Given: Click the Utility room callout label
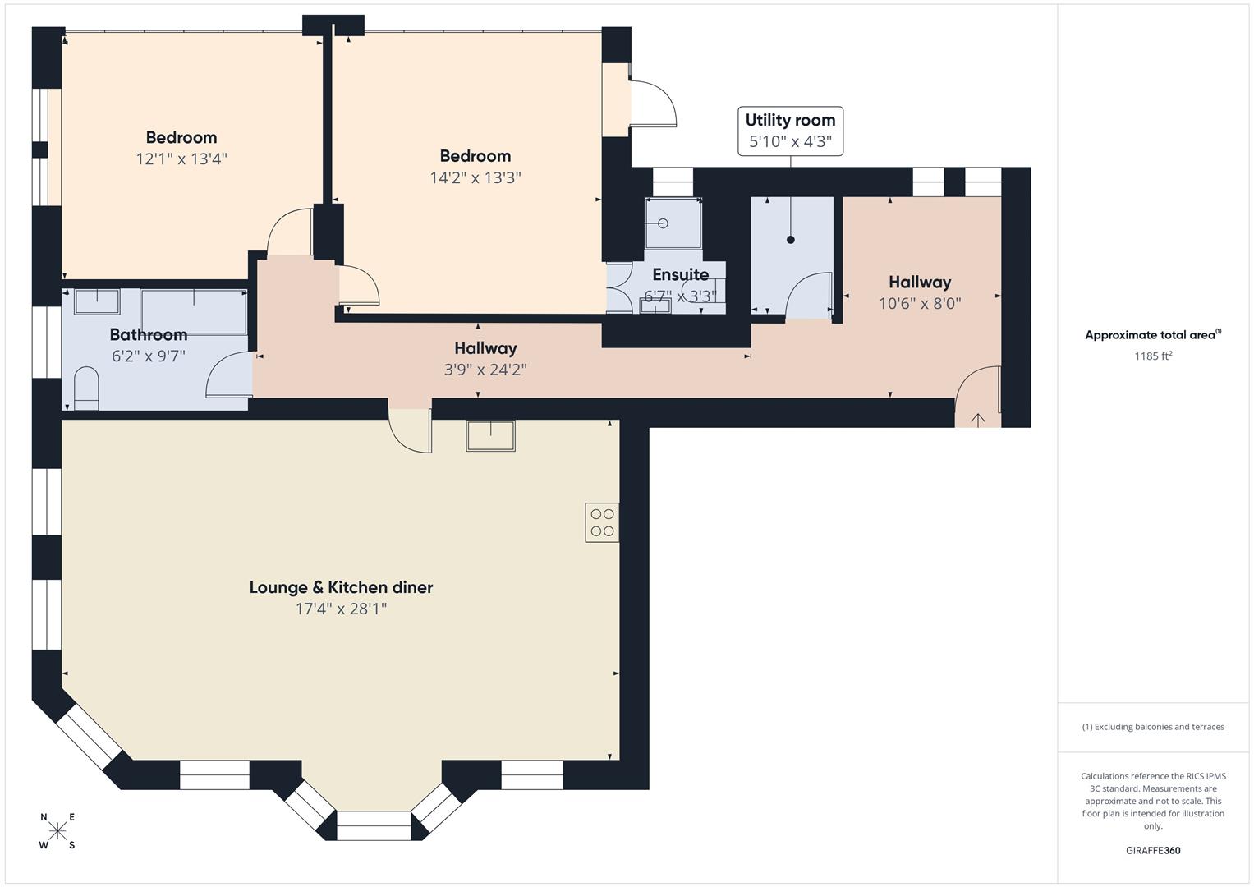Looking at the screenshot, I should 790,120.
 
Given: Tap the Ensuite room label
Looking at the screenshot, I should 680,275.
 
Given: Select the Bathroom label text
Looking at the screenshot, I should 149,334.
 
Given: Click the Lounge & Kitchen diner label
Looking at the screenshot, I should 341,587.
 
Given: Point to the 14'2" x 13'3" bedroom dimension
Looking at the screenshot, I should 475,177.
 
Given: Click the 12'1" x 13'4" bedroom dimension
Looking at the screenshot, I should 181,159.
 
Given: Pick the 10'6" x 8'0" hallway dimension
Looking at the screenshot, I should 920,303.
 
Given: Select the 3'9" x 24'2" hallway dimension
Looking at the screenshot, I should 485,370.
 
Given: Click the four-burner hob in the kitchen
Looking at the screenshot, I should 602,522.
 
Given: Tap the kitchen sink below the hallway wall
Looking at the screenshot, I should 490,435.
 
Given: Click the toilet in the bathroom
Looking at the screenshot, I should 86,388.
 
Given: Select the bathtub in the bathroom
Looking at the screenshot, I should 193,310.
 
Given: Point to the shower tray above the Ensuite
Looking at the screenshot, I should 673,223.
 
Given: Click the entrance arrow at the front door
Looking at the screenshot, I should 978,420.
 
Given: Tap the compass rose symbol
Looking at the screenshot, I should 57,831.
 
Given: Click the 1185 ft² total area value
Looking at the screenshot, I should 1153,356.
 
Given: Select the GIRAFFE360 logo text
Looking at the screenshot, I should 1153,851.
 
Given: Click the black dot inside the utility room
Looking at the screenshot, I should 791,240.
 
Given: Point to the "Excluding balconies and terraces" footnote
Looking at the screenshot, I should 1153,727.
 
